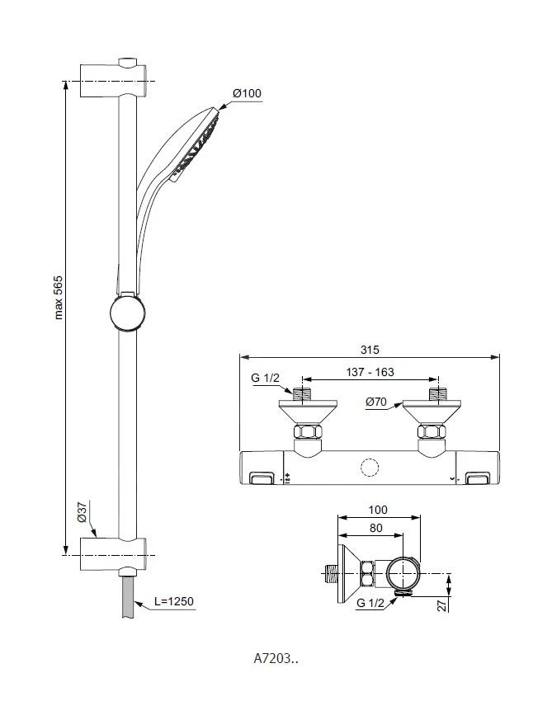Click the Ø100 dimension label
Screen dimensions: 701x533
click(x=247, y=93)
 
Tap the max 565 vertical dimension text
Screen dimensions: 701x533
click(x=59, y=297)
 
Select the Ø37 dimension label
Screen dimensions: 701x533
click(x=82, y=512)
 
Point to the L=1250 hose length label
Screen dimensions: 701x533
click(x=173, y=602)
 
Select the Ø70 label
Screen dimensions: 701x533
click(x=376, y=402)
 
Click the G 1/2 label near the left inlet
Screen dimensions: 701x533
click(x=265, y=379)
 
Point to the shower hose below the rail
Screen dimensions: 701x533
click(x=127, y=598)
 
